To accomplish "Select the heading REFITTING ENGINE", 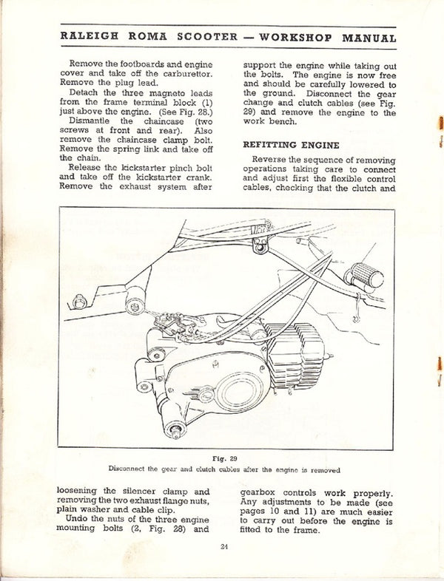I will (291, 145).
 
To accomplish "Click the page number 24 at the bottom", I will (224, 546).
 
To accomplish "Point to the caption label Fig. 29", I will (224, 458).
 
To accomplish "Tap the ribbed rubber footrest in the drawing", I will (367, 276).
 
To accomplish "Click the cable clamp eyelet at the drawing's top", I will (260, 244).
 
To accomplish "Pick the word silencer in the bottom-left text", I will (151, 491).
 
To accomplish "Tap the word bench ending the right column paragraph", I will (278, 122).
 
